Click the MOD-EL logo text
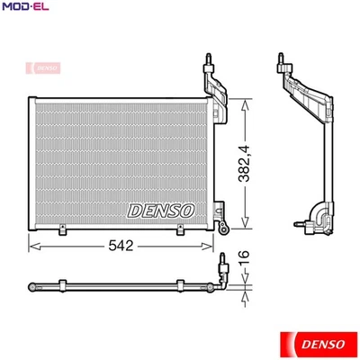click(x=24, y=9)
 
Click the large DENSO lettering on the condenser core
click(x=161, y=210)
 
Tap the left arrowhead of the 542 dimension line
click(x=34, y=243)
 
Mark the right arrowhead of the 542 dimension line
click(x=213, y=243)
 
